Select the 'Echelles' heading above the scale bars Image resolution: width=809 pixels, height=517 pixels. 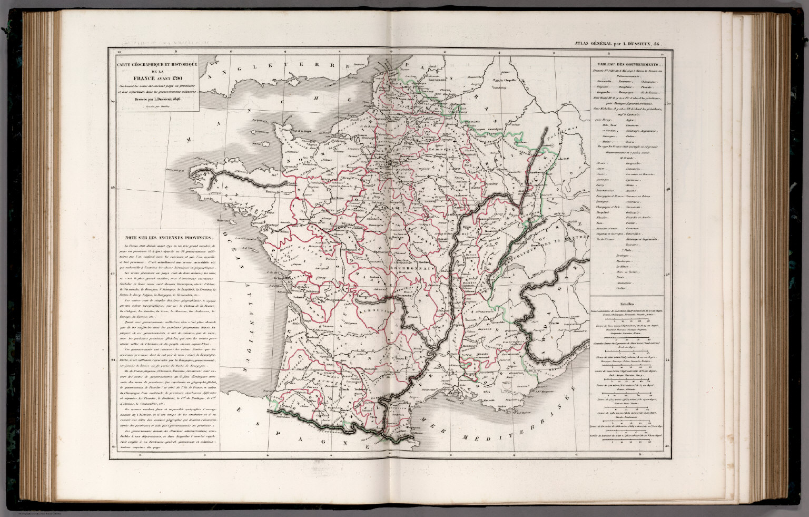click(x=627, y=305)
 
